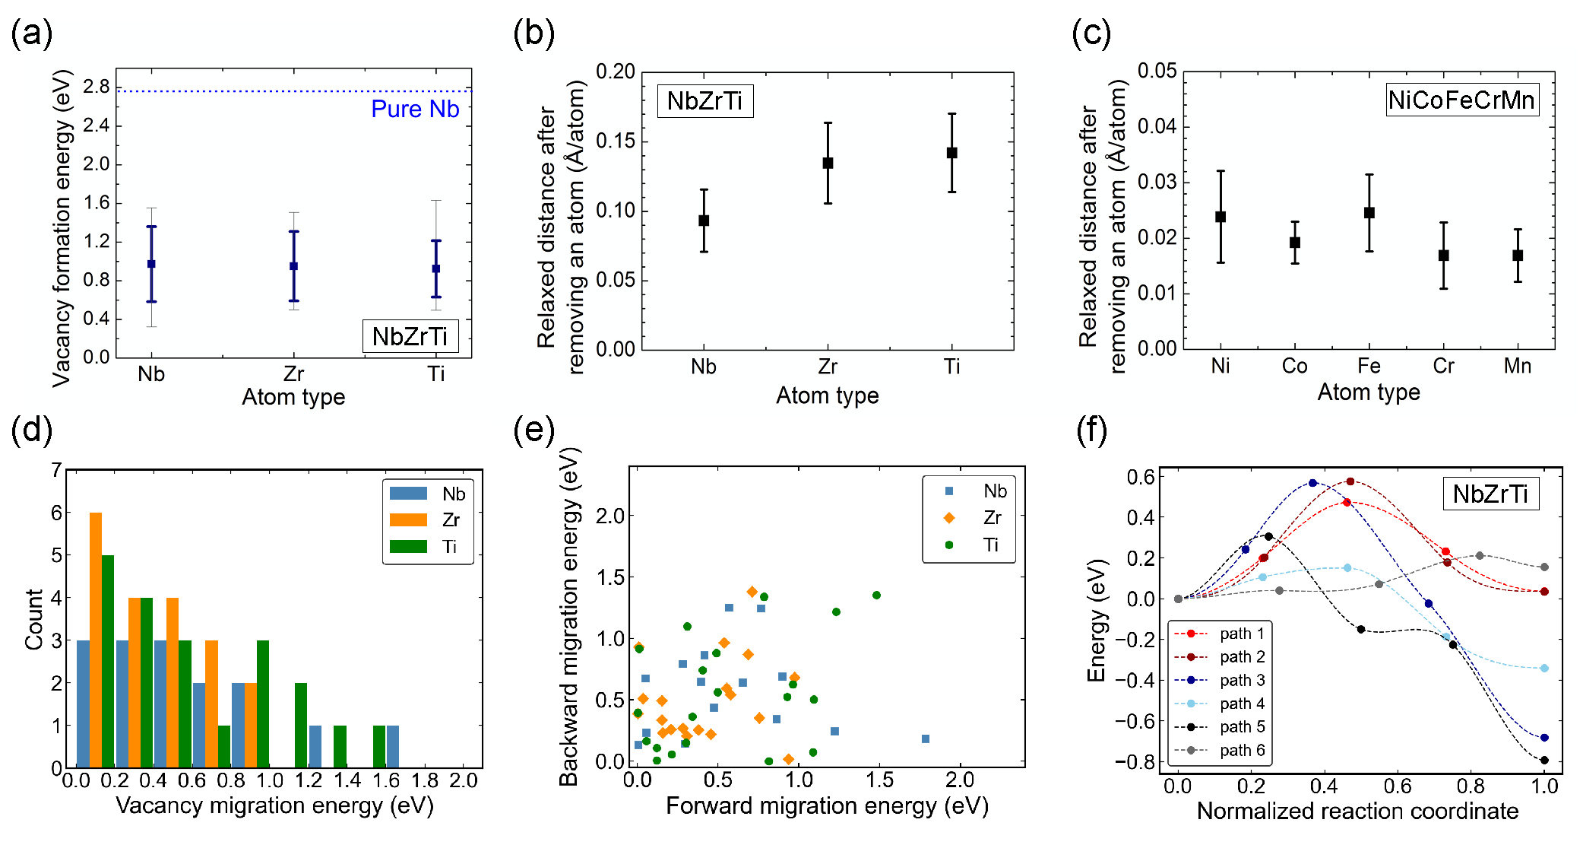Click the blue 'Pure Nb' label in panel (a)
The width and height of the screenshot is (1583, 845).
415,110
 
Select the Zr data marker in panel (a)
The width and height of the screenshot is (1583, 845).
293,266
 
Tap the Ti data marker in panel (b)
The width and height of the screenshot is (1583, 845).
951,153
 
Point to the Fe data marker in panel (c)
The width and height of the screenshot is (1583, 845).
1369,213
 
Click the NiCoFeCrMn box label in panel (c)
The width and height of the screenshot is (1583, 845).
1461,100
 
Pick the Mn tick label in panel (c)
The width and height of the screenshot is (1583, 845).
1517,367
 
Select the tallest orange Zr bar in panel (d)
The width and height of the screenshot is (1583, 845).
96,639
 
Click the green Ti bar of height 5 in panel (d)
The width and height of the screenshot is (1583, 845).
108,660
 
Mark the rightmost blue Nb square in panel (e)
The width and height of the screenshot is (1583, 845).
925,739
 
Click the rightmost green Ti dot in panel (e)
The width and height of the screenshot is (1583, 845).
876,596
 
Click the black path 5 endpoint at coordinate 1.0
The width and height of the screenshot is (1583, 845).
1544,760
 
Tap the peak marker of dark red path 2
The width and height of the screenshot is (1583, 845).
1350,481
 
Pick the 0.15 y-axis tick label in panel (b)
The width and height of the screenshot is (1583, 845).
615,141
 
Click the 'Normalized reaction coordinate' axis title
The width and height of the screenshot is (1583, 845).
1357,812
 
